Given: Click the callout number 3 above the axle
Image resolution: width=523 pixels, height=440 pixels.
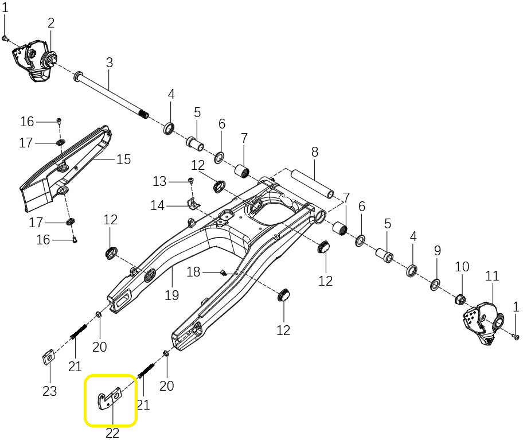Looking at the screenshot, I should coord(110,62).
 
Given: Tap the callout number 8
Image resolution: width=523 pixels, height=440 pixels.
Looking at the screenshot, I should coord(315,152).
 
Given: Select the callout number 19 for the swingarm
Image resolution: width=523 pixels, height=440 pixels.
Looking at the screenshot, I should coord(172,295).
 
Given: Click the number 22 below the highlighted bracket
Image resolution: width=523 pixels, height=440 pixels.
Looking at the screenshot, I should coord(112,433).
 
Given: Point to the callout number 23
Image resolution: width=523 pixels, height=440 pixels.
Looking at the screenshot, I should coord(50,391).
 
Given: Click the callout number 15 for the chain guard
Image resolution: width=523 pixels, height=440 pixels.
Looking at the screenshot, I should coord(124,159).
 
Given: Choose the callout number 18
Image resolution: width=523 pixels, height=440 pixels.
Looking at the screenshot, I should coord(194,272).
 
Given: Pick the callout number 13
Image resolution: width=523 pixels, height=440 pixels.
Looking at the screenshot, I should coord(159,181).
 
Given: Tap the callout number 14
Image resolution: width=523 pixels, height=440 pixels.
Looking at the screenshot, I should coord(158,205).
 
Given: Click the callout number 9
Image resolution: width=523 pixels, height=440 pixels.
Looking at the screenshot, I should coord(438,250).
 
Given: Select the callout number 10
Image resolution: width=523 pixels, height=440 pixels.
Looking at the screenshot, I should coord(462,266).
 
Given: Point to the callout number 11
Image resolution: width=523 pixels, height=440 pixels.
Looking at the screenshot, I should coord(492,276).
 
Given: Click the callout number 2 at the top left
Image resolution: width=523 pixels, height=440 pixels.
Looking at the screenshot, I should coord(51,23).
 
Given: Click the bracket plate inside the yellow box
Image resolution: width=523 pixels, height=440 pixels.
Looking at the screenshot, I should coord(110,399).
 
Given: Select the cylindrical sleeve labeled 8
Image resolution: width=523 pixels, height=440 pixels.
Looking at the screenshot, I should coord(313,182).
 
